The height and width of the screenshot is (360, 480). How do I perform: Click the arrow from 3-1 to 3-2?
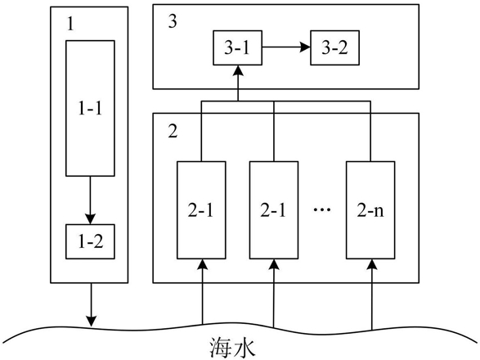[286, 47]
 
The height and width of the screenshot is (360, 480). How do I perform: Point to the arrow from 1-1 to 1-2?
[90, 200]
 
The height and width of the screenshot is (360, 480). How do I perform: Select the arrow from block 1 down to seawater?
[91, 304]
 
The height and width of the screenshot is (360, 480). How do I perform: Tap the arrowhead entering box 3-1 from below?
[238, 70]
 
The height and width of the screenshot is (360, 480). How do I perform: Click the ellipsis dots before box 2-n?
[322, 210]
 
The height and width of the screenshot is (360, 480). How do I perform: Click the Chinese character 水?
[244, 348]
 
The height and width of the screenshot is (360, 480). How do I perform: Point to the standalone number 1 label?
[70, 24]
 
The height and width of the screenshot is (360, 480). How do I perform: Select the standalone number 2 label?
[173, 132]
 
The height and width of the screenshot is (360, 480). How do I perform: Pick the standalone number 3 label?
[173, 22]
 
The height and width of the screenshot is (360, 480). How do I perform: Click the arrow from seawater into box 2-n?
[372, 295]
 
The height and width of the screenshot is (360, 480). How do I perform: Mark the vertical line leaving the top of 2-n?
[370, 131]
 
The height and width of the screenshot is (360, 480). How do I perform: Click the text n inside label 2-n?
[379, 212]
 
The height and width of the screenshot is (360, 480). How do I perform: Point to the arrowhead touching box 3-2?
[305, 47]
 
